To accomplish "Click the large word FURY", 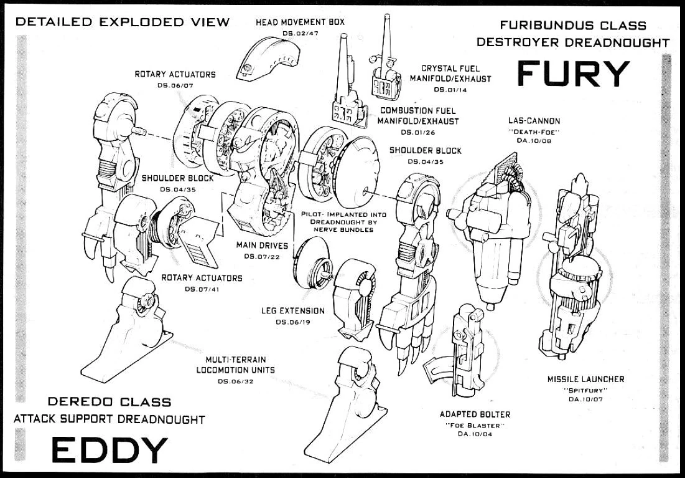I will [x=574, y=75].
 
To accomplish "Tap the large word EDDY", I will [x=109, y=450].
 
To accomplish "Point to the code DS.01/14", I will [x=450, y=90].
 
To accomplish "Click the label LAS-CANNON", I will [x=534, y=121].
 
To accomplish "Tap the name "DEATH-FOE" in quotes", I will [x=534, y=131].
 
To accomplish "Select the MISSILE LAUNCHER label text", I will [x=585, y=379].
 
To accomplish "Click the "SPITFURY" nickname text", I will [x=585, y=390].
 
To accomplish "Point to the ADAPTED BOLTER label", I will [x=475, y=414].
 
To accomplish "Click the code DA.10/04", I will [x=475, y=434].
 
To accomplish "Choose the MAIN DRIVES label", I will [x=262, y=245].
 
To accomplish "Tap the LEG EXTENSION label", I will [x=292, y=310].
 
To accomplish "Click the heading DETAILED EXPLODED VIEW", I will [x=123, y=22].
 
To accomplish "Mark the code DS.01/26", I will [x=418, y=132].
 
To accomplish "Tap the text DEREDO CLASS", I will [x=110, y=402].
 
